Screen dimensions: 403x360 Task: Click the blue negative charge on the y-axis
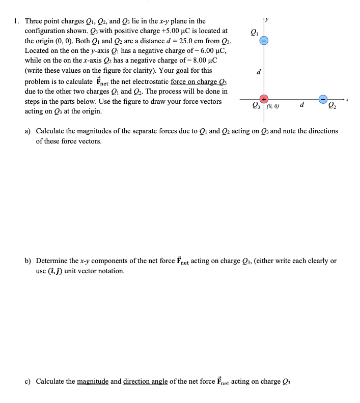[264, 40]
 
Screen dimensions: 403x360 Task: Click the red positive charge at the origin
[264, 99]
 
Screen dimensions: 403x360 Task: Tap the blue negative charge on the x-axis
[323, 99]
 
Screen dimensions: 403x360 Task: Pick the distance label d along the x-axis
[302, 105]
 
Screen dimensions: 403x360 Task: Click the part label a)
[29, 131]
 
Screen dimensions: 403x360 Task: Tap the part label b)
[29, 261]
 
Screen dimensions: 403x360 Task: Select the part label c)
[29, 381]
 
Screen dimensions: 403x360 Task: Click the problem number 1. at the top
[17, 21]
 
